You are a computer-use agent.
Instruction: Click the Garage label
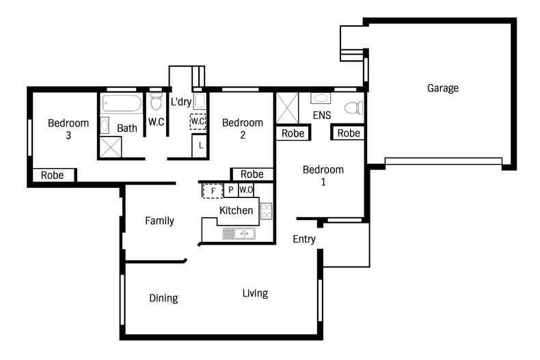[x=442, y=88]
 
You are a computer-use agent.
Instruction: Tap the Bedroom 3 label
[x=68, y=129]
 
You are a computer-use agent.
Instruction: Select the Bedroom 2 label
[x=242, y=129]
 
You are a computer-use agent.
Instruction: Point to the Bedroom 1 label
[x=323, y=176]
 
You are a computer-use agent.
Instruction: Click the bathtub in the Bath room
[x=122, y=105]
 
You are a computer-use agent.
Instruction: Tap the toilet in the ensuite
[x=353, y=108]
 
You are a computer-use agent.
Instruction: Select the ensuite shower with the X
[x=287, y=108]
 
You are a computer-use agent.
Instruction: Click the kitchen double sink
[x=239, y=234]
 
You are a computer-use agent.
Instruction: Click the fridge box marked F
[x=213, y=191]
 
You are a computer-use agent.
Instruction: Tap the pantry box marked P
[x=231, y=190]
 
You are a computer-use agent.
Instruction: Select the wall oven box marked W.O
[x=246, y=190]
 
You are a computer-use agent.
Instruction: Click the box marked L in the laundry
[x=200, y=145]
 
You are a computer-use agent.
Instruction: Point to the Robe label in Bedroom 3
[x=52, y=175]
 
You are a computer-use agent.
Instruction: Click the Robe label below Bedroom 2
[x=252, y=174]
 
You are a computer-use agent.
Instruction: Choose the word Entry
[x=304, y=239]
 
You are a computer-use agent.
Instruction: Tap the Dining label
[x=163, y=298]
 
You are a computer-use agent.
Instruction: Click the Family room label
[x=159, y=221]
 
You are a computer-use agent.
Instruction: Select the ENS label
[x=322, y=116]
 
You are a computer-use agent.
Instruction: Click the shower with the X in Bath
[x=111, y=146]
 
